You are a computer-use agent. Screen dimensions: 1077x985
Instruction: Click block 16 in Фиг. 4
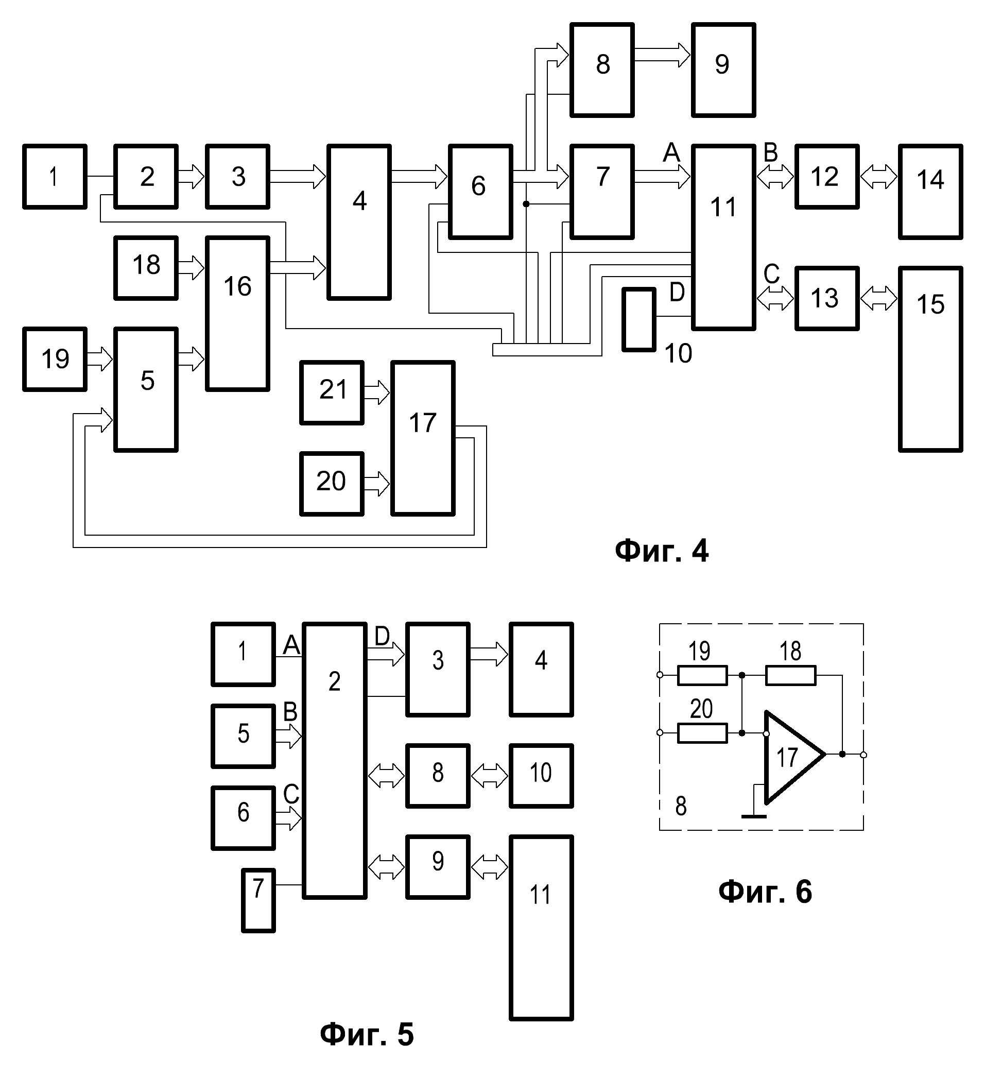point(238,314)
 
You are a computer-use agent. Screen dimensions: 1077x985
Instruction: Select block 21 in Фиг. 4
point(332,392)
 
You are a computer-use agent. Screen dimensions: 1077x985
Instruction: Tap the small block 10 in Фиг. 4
point(639,319)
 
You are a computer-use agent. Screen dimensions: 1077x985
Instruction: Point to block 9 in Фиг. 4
point(723,70)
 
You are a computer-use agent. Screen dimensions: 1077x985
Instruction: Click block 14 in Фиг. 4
point(930,191)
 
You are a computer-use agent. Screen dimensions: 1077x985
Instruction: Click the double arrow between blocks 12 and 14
point(879,177)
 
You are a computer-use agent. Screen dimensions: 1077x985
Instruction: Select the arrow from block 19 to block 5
point(99,358)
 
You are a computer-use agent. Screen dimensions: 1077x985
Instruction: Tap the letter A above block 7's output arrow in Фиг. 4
point(671,153)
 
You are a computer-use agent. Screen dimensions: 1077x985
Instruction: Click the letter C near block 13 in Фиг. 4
point(771,274)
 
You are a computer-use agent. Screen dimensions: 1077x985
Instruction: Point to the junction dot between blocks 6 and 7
point(526,204)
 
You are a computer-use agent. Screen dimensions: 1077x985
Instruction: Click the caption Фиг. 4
point(661,551)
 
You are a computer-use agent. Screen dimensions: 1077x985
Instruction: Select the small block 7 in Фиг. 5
point(258,900)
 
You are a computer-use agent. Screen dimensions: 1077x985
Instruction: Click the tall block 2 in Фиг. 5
point(334,761)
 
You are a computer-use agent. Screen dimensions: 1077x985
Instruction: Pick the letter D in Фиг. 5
point(382,636)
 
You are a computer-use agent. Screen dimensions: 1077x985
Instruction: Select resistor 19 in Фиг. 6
point(702,675)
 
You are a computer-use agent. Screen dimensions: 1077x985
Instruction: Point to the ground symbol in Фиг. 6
point(754,816)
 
